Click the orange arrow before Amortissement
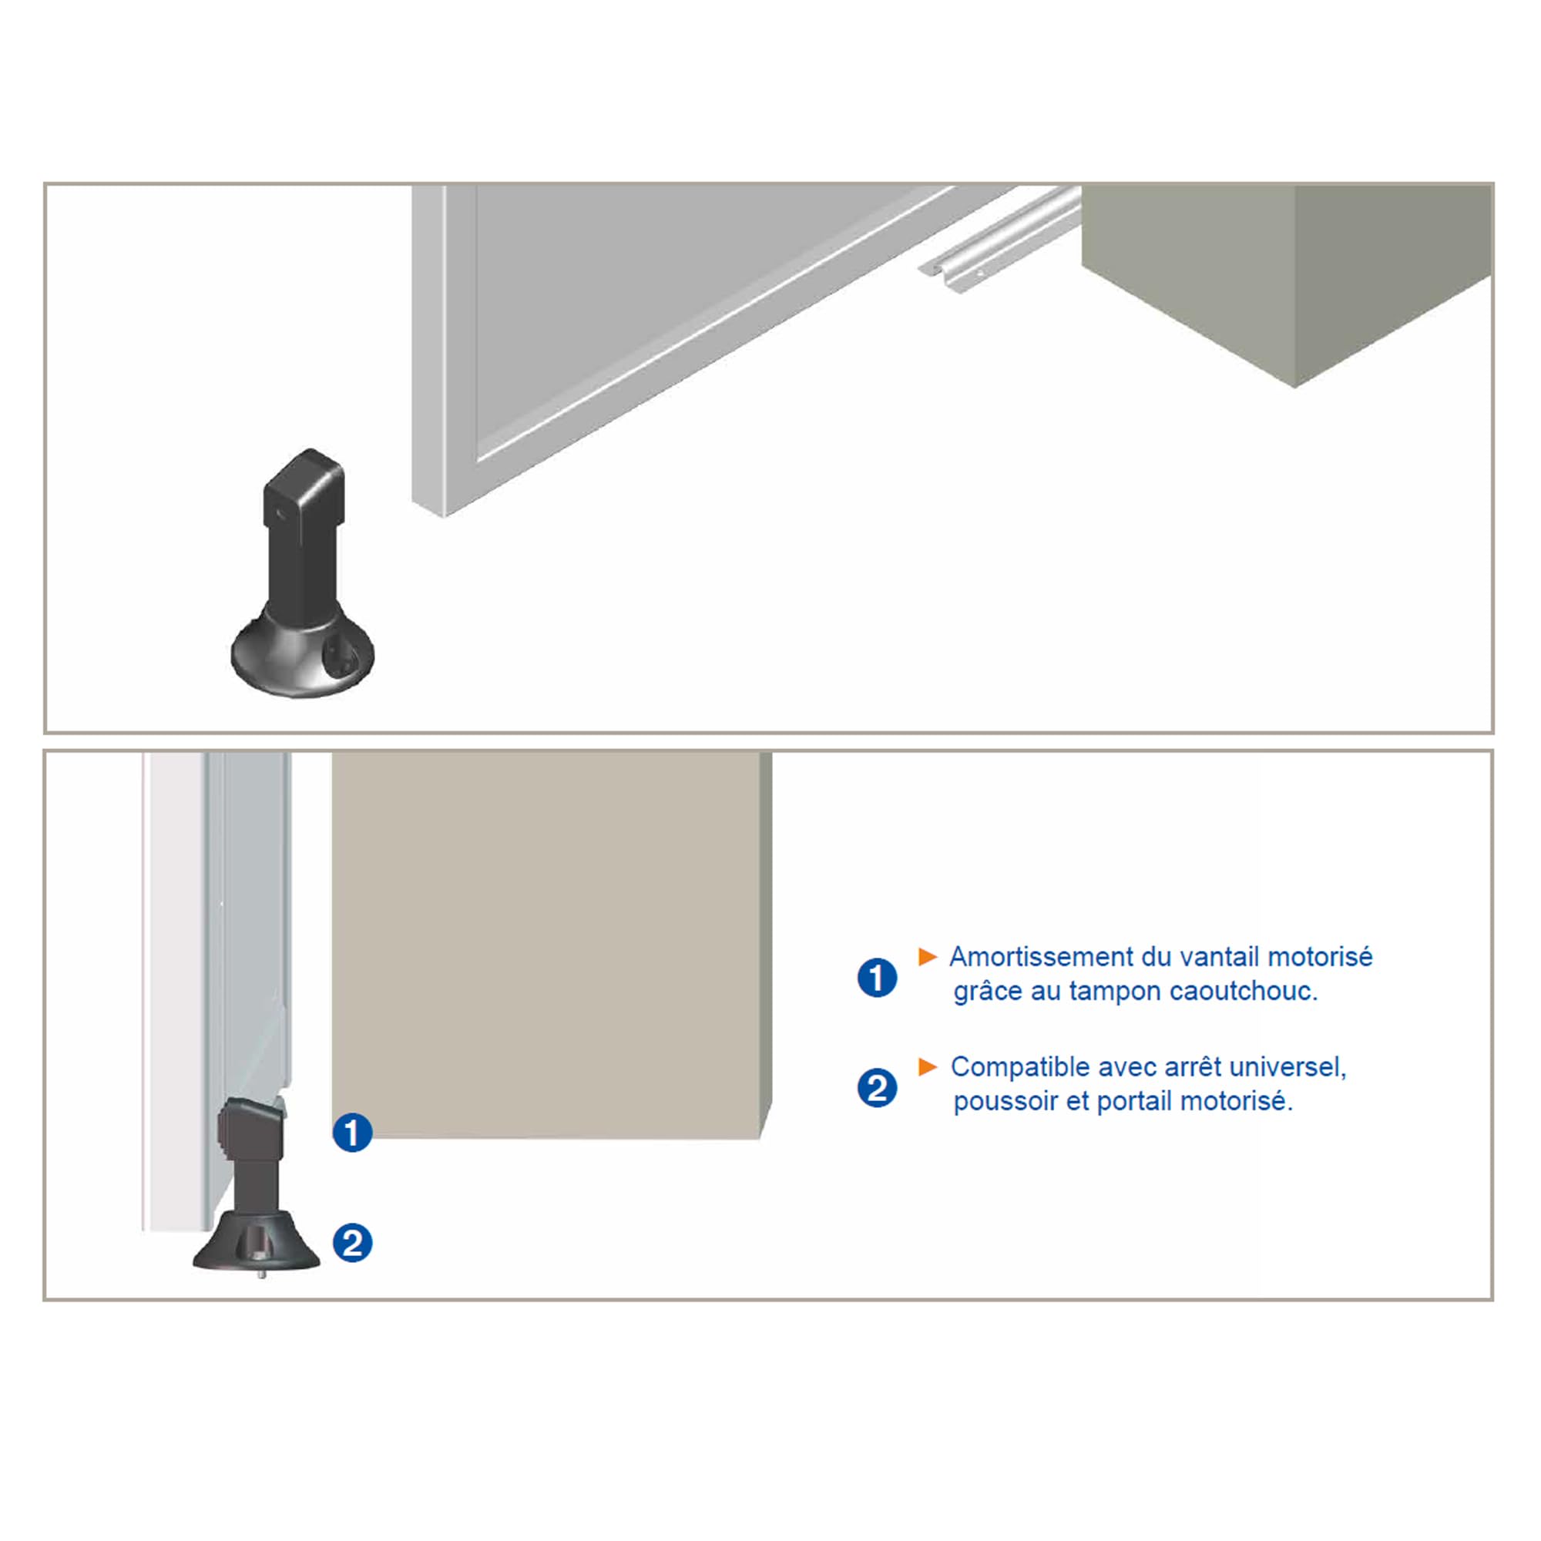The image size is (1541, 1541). [x=928, y=956]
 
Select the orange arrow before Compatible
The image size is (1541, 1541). [x=928, y=1066]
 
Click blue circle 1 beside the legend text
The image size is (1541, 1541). [x=878, y=978]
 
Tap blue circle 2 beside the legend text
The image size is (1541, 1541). [x=878, y=1088]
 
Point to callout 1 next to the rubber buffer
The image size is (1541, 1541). [x=353, y=1133]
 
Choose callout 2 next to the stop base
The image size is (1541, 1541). [x=353, y=1243]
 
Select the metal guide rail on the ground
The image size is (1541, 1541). [x=999, y=239]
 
